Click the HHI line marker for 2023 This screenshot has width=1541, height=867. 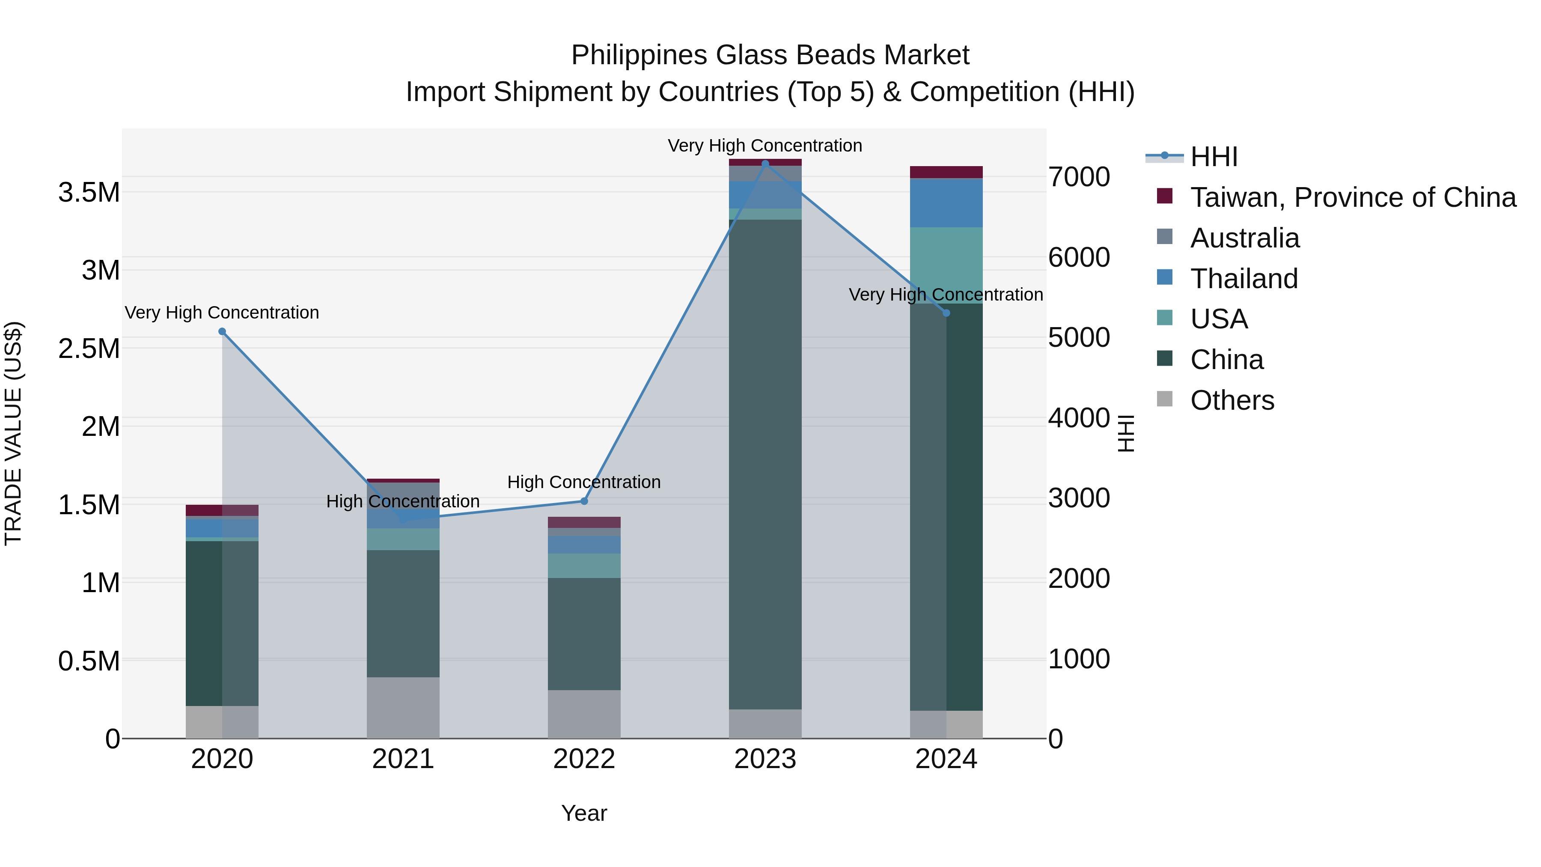(765, 164)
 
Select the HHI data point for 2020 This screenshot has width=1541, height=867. (222, 331)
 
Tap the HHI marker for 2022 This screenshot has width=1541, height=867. (584, 501)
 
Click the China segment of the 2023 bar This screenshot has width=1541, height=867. (765, 464)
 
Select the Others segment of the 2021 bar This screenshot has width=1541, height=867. (403, 708)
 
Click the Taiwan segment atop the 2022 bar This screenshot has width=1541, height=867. (584, 522)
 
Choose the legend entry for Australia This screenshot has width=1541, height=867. (1244, 238)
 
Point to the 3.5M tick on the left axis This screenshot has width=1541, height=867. (89, 193)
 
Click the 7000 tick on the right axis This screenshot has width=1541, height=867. (1079, 177)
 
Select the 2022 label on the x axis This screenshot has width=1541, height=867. (584, 759)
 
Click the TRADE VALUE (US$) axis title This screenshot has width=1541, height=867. (14, 433)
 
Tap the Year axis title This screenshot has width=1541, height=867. (584, 813)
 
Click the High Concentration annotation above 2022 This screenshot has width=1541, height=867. (584, 482)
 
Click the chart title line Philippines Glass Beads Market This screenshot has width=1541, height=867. (770, 55)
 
